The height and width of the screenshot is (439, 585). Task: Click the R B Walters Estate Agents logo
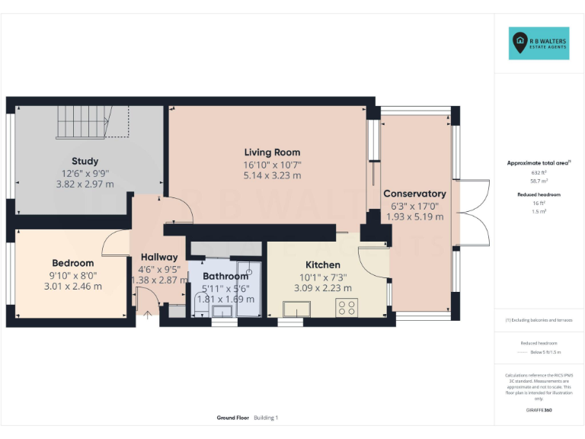click(539, 43)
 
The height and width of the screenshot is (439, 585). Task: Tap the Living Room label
click(272, 152)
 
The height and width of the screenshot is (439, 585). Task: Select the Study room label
click(85, 161)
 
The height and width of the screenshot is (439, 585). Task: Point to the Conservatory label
click(414, 194)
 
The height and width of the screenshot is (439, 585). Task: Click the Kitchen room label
click(322, 264)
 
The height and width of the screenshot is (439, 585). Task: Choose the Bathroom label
click(225, 276)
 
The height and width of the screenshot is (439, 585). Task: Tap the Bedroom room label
click(73, 263)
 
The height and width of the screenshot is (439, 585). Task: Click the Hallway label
click(158, 257)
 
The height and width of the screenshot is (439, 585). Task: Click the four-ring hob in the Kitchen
click(347, 308)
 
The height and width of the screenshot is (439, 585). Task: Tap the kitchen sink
click(296, 309)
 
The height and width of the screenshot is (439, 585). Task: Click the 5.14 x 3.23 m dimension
click(272, 175)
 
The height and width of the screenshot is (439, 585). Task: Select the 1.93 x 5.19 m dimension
click(414, 216)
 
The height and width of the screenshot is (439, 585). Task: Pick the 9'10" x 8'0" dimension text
click(73, 275)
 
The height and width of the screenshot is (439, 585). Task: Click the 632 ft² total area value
click(539, 173)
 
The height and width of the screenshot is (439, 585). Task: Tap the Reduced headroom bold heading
click(539, 194)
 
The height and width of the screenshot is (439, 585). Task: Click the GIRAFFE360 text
click(539, 411)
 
